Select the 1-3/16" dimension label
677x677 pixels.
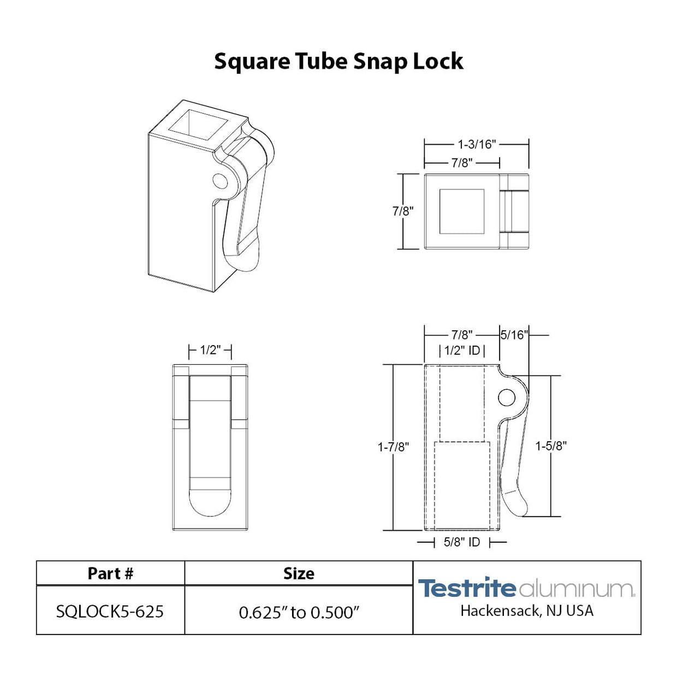[x=476, y=144]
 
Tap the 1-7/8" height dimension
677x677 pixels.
[x=393, y=447]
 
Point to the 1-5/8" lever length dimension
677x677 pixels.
[x=550, y=446]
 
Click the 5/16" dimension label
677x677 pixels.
[x=514, y=335]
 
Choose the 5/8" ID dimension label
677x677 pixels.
[x=462, y=542]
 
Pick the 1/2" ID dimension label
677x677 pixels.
[x=462, y=351]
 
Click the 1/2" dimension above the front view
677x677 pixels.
[x=210, y=350]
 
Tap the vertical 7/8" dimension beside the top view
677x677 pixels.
[x=403, y=211]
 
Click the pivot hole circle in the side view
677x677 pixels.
[x=507, y=397]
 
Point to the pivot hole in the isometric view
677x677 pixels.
[x=220, y=181]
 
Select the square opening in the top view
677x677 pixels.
[x=462, y=211]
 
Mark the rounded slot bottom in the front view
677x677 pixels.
[x=210, y=502]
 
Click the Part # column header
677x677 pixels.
[x=110, y=573]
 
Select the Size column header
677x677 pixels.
[x=299, y=573]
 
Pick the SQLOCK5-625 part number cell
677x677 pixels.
[x=110, y=611]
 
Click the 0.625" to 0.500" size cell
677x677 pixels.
[x=299, y=612]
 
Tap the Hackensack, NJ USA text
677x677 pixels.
[x=526, y=610]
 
